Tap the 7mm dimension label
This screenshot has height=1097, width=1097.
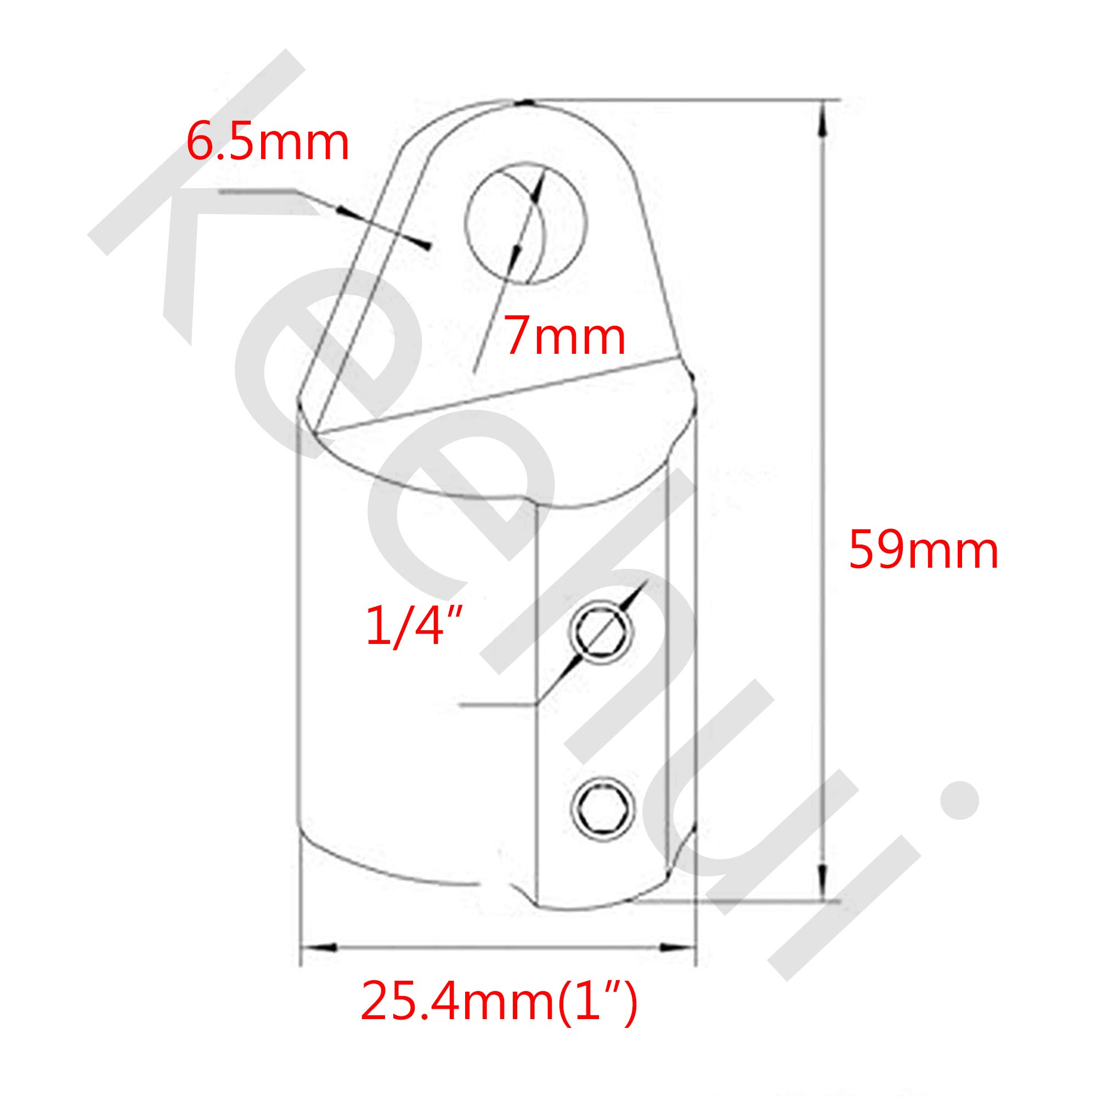[x=566, y=338]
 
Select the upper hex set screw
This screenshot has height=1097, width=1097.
[x=601, y=632]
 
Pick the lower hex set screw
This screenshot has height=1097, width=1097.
[x=602, y=808]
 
